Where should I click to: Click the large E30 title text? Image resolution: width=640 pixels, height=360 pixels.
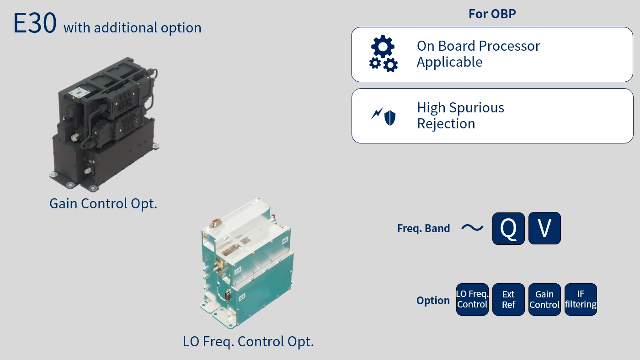[35, 23]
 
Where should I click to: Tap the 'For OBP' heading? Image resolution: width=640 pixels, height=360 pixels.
[492, 14]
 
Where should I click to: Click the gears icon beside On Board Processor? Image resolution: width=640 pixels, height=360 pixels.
[383, 54]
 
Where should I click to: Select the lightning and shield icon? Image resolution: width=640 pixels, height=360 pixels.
[384, 116]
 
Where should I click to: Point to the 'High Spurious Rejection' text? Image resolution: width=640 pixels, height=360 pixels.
[460, 116]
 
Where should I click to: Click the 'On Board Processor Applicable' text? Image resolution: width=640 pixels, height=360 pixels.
[478, 54]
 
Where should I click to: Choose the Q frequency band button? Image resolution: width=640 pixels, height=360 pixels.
[508, 228]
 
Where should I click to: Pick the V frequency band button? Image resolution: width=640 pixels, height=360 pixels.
[544, 228]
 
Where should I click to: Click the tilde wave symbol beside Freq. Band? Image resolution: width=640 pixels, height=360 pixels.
[472, 228]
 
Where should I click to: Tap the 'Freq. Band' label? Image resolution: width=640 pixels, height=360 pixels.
[423, 228]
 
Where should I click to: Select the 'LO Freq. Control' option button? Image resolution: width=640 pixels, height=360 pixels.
[472, 300]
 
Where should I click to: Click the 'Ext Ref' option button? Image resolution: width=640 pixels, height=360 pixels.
[508, 300]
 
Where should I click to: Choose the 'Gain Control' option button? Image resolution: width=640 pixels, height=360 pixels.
[544, 300]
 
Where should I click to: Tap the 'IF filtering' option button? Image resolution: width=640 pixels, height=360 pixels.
[581, 300]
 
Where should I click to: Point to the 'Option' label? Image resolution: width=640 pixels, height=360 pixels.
[433, 301]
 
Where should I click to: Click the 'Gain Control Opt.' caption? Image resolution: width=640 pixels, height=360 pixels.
[103, 204]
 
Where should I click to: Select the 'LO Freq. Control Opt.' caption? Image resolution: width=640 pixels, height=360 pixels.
[248, 341]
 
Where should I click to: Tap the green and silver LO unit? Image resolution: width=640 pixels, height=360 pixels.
[246, 265]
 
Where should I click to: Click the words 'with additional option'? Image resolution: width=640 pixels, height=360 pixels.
[133, 28]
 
